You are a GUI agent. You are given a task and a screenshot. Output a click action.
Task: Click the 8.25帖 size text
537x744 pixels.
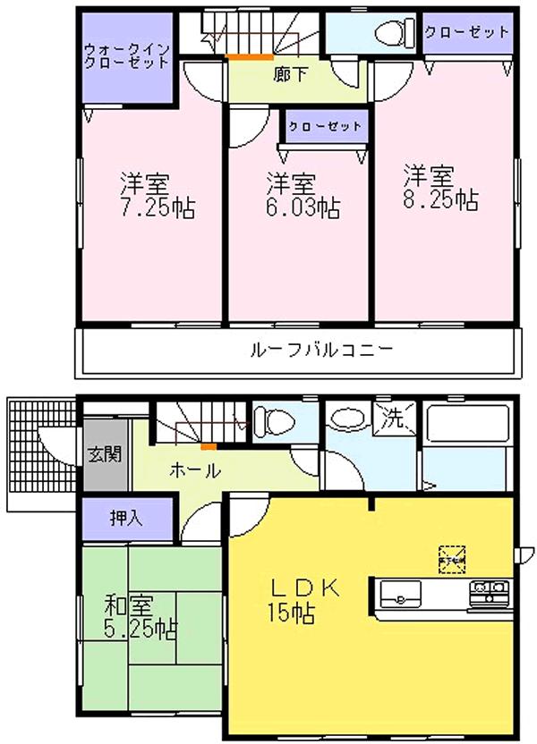[x=439, y=199]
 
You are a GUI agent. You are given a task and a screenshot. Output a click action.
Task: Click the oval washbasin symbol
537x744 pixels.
[x=345, y=418]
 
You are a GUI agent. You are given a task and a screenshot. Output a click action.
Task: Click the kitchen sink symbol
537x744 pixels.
[x=402, y=593]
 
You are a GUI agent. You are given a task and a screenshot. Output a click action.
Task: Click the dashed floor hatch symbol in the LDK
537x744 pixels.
[x=450, y=558]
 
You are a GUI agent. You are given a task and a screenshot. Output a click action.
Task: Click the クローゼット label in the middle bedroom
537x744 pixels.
[x=325, y=126]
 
